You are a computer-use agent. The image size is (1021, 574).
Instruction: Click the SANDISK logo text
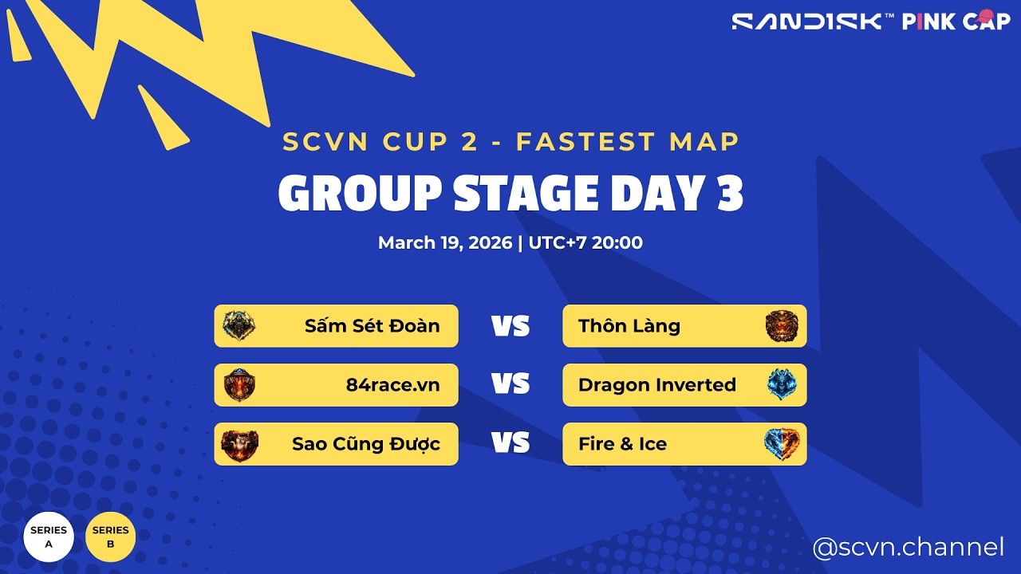807,22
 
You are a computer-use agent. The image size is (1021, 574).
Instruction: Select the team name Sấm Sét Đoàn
372,326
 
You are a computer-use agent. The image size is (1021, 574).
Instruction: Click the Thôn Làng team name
629,326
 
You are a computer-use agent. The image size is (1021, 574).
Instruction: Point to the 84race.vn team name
392,385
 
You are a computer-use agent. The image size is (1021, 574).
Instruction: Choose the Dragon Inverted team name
656,385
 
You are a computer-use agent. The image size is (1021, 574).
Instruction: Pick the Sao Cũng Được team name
365,444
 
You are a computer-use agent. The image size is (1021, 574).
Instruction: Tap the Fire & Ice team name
622,444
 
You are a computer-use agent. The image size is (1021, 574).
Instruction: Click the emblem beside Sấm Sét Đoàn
239,326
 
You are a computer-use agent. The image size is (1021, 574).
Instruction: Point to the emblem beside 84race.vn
239,385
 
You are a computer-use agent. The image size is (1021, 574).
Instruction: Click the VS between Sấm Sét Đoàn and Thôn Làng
510,326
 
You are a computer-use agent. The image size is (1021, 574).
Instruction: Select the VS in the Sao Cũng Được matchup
510,443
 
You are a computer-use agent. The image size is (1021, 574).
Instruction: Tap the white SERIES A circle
49,537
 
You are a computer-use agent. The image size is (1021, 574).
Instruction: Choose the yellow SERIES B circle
110,537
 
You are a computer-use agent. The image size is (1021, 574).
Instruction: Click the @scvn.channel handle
908,548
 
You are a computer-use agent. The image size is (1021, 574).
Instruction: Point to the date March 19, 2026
445,243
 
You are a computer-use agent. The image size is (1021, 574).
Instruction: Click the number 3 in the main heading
727,194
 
